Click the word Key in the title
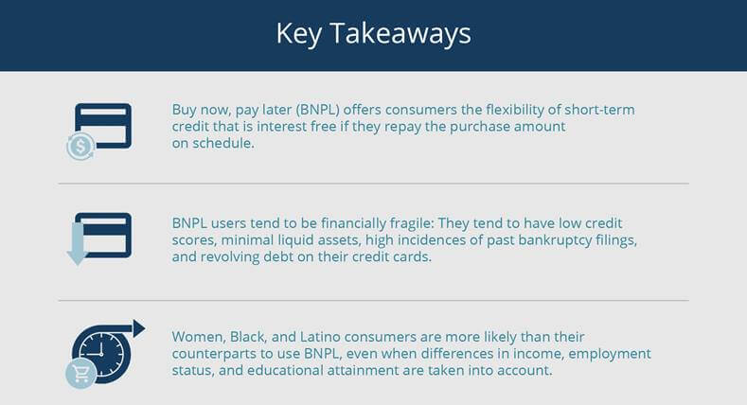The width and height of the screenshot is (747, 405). [x=298, y=34]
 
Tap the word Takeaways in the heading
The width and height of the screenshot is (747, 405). [x=400, y=33]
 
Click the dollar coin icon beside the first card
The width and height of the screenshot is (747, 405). [x=80, y=146]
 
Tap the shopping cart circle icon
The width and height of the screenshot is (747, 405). [x=81, y=374]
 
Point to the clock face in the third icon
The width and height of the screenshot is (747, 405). [x=101, y=354]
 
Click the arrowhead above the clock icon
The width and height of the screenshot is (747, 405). [x=138, y=329]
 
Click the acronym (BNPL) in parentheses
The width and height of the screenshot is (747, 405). [x=317, y=110]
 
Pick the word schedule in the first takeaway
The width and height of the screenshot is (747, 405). [x=222, y=143]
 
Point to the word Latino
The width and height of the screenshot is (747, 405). [x=320, y=337]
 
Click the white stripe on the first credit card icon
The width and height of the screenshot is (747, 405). [x=103, y=113]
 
